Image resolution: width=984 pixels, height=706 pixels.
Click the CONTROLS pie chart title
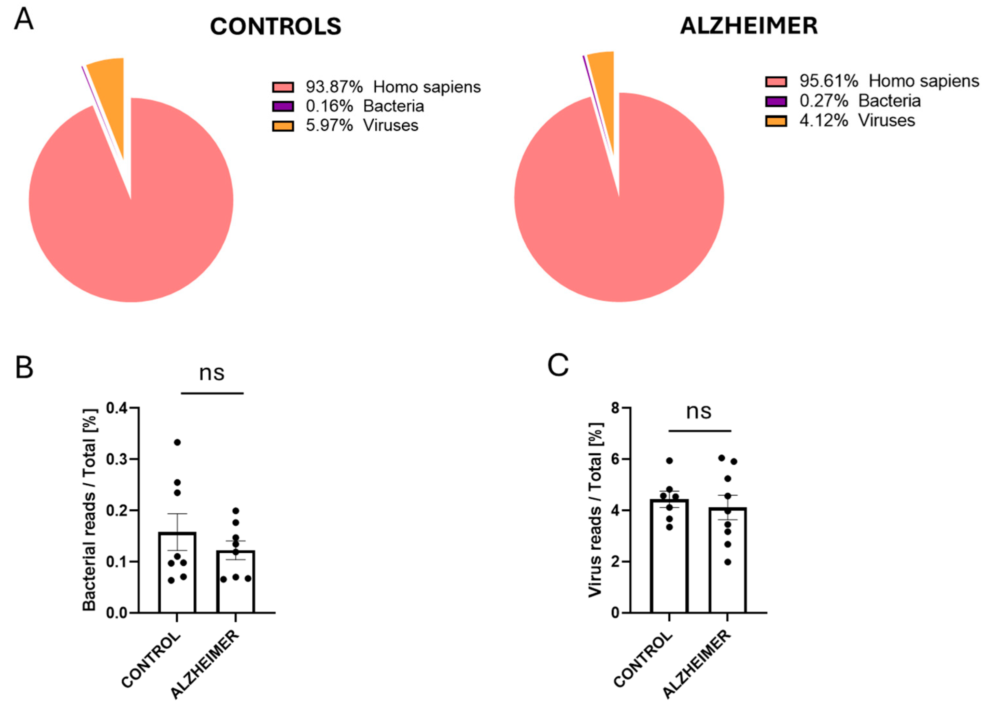[x=276, y=26]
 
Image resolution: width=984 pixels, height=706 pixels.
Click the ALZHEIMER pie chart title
[x=748, y=26]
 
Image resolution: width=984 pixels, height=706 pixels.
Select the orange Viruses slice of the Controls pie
[x=111, y=87]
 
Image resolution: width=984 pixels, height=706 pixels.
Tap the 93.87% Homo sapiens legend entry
[x=376, y=87]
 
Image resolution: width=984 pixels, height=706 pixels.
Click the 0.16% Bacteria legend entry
[x=348, y=106]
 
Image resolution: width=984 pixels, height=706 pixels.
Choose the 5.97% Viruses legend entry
[x=345, y=125]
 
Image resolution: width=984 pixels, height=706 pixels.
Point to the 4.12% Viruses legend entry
[x=840, y=120]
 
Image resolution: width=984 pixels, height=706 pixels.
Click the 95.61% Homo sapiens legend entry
[x=872, y=81]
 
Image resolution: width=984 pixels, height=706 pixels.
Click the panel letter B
[x=24, y=367]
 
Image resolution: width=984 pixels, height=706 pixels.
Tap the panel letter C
[x=558, y=365]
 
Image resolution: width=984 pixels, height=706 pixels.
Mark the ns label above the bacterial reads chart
[x=212, y=373]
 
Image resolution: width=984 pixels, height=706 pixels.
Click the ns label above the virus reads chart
[x=699, y=411]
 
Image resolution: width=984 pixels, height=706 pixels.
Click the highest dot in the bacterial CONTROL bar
[x=177, y=443]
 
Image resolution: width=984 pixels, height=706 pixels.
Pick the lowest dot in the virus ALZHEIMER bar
[x=728, y=562]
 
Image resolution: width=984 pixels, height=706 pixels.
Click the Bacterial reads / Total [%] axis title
[x=90, y=510]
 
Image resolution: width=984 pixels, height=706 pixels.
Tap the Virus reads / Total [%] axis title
[x=596, y=510]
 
